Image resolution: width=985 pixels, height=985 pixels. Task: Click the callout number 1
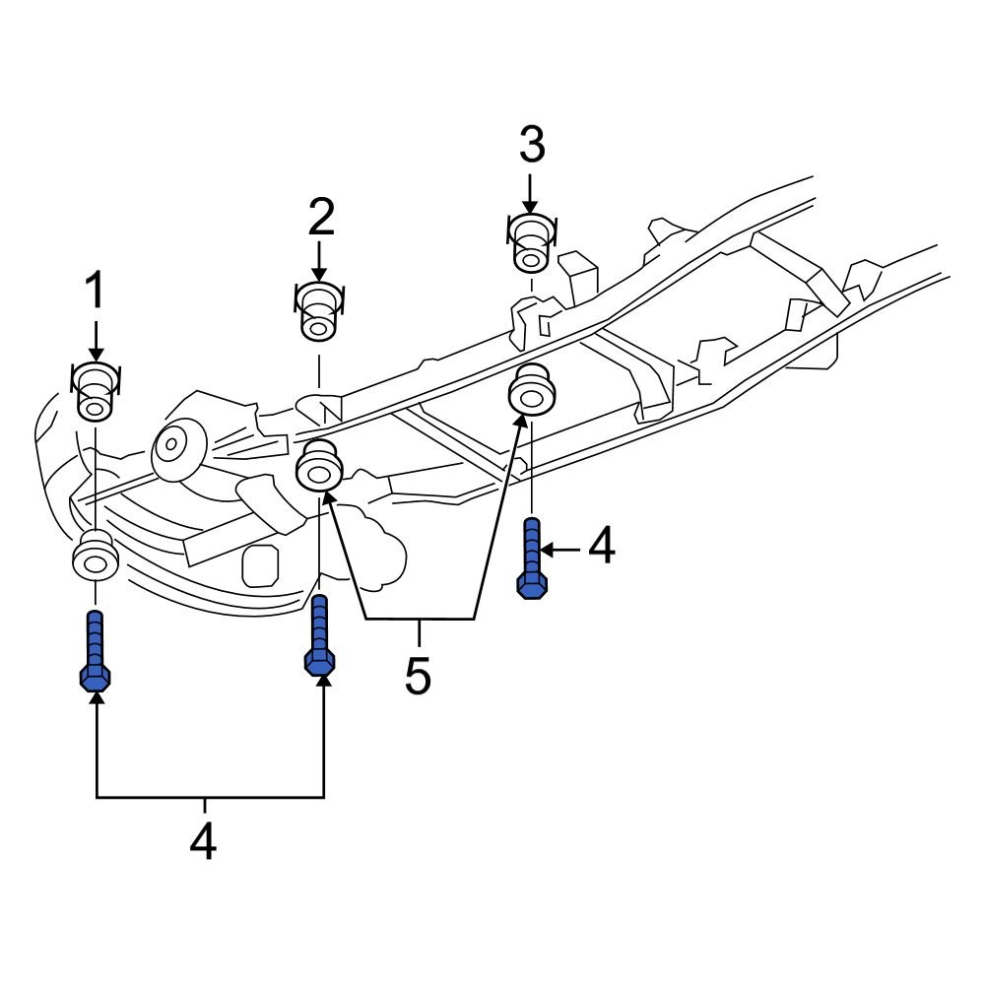point(95,293)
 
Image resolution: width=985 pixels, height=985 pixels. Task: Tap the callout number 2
point(320,217)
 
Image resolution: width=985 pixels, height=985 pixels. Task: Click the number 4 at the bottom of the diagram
point(203,841)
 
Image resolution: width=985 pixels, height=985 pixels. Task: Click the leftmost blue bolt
point(95,650)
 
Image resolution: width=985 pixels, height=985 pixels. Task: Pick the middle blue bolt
point(319,634)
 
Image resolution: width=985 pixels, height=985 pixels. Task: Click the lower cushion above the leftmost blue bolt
point(96,558)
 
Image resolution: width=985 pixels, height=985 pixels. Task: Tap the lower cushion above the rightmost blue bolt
point(531,391)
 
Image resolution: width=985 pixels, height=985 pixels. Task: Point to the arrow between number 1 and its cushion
point(96,340)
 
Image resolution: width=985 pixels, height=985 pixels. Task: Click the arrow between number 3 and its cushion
point(531,192)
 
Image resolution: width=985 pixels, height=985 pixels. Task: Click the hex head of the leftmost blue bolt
point(95,678)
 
